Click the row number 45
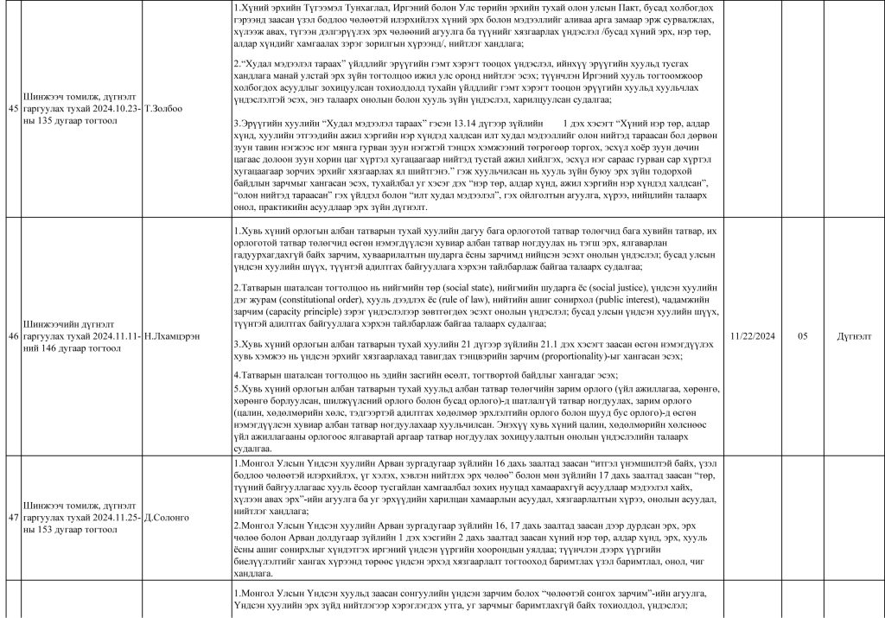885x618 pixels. [12, 108]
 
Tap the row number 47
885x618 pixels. [12, 516]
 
